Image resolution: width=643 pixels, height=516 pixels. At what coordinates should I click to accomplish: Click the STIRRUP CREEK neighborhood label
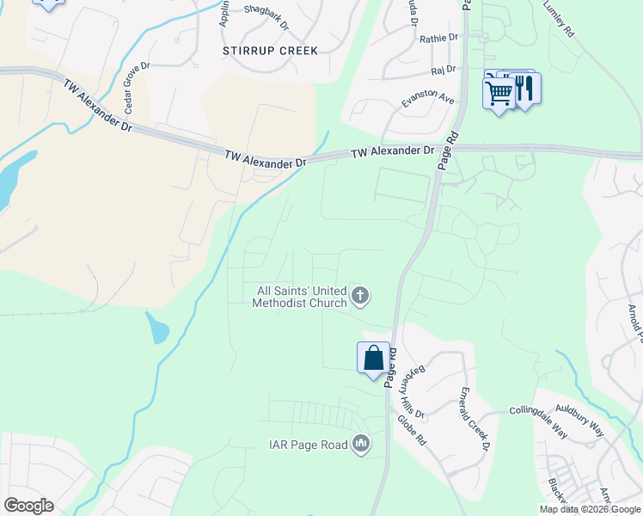click(x=270, y=51)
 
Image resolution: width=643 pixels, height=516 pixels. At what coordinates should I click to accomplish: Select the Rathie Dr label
click(x=439, y=39)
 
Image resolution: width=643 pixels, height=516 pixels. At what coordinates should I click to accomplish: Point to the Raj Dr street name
click(x=443, y=71)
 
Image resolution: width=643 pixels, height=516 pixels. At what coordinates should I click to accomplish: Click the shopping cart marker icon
click(x=499, y=91)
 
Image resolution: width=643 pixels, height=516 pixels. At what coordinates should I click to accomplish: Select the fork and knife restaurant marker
click(x=526, y=88)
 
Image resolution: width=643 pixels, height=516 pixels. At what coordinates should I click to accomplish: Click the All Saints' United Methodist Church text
click(x=299, y=297)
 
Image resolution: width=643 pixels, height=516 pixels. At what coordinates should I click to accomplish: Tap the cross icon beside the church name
click(x=360, y=297)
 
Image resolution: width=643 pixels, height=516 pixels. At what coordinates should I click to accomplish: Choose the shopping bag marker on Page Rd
click(x=373, y=357)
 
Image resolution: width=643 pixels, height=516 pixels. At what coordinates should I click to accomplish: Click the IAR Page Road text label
click(x=305, y=445)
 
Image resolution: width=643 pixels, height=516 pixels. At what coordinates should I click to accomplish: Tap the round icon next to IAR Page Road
click(x=360, y=444)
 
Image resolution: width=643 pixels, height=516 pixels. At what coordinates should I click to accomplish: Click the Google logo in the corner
click(x=28, y=505)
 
